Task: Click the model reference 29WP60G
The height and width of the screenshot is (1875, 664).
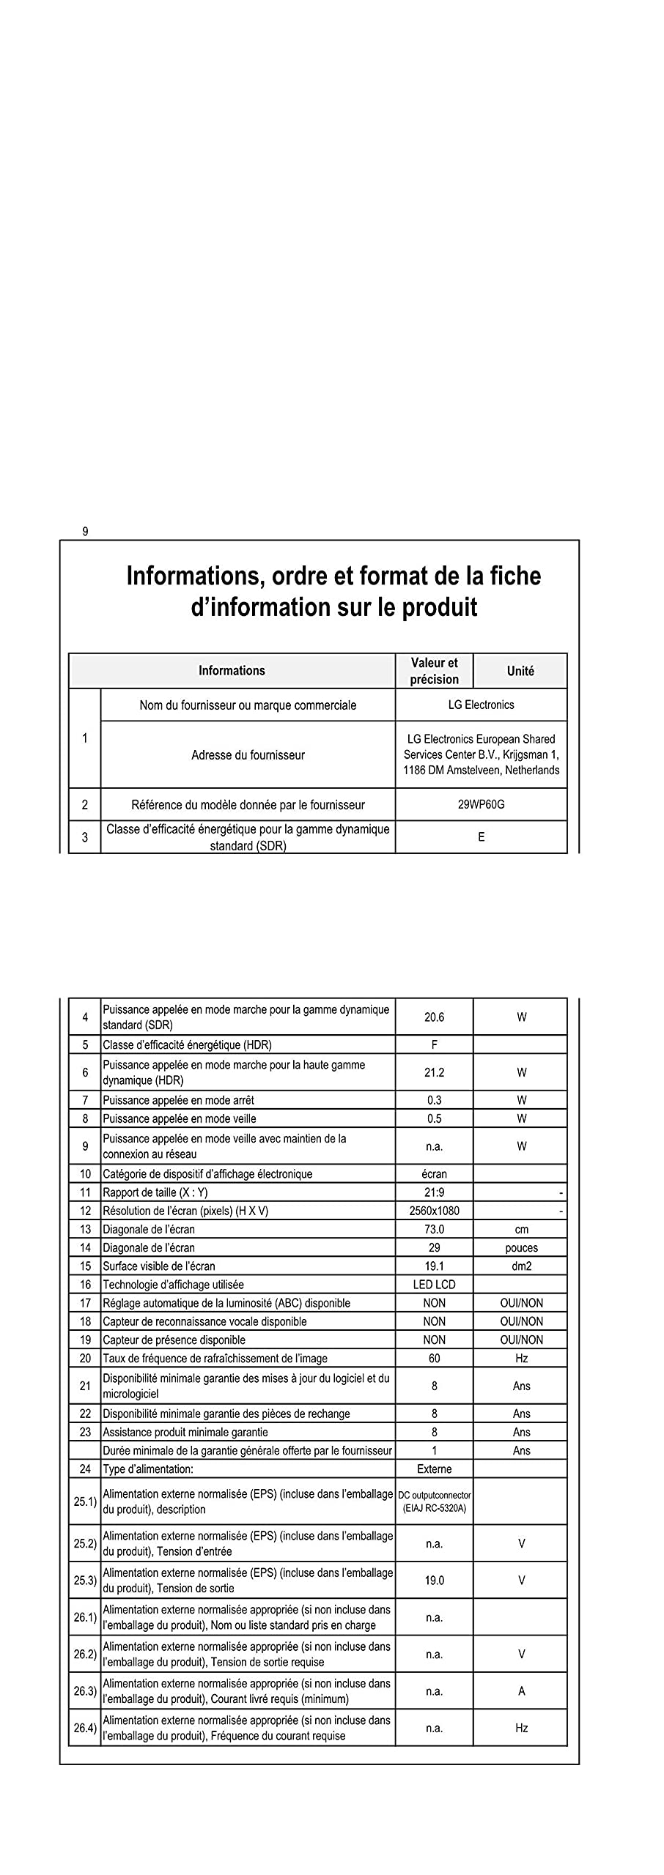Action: [x=481, y=804]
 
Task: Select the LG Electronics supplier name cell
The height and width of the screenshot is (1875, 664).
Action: [x=481, y=705]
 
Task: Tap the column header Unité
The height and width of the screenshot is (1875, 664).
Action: [x=520, y=671]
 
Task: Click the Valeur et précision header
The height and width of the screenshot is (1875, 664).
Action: [x=434, y=671]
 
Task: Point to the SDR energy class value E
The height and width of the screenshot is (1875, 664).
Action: [x=481, y=836]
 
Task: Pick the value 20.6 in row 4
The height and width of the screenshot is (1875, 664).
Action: [x=434, y=1017]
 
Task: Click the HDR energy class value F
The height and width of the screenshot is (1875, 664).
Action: [x=434, y=1044]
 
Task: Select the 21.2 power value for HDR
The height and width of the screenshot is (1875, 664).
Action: [x=434, y=1072]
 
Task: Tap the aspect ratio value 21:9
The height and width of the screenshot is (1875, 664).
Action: [x=434, y=1192]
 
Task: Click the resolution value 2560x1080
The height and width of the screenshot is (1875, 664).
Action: [x=434, y=1211]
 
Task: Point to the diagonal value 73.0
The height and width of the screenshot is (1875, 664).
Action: [x=434, y=1229]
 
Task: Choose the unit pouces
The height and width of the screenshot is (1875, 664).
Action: [x=521, y=1247]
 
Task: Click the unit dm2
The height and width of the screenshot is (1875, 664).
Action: [x=521, y=1266]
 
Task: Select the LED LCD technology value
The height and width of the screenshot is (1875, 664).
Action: [x=434, y=1284]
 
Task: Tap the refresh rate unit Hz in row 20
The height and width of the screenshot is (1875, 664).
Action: [x=521, y=1358]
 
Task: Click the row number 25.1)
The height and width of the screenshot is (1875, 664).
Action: [x=85, y=1501]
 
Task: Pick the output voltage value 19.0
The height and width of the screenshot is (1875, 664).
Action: [x=434, y=1580]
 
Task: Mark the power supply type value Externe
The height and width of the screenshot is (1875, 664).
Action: [x=434, y=1469]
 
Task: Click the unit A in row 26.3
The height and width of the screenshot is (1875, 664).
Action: [x=521, y=1691]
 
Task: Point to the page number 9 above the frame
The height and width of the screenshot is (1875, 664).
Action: [x=85, y=532]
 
